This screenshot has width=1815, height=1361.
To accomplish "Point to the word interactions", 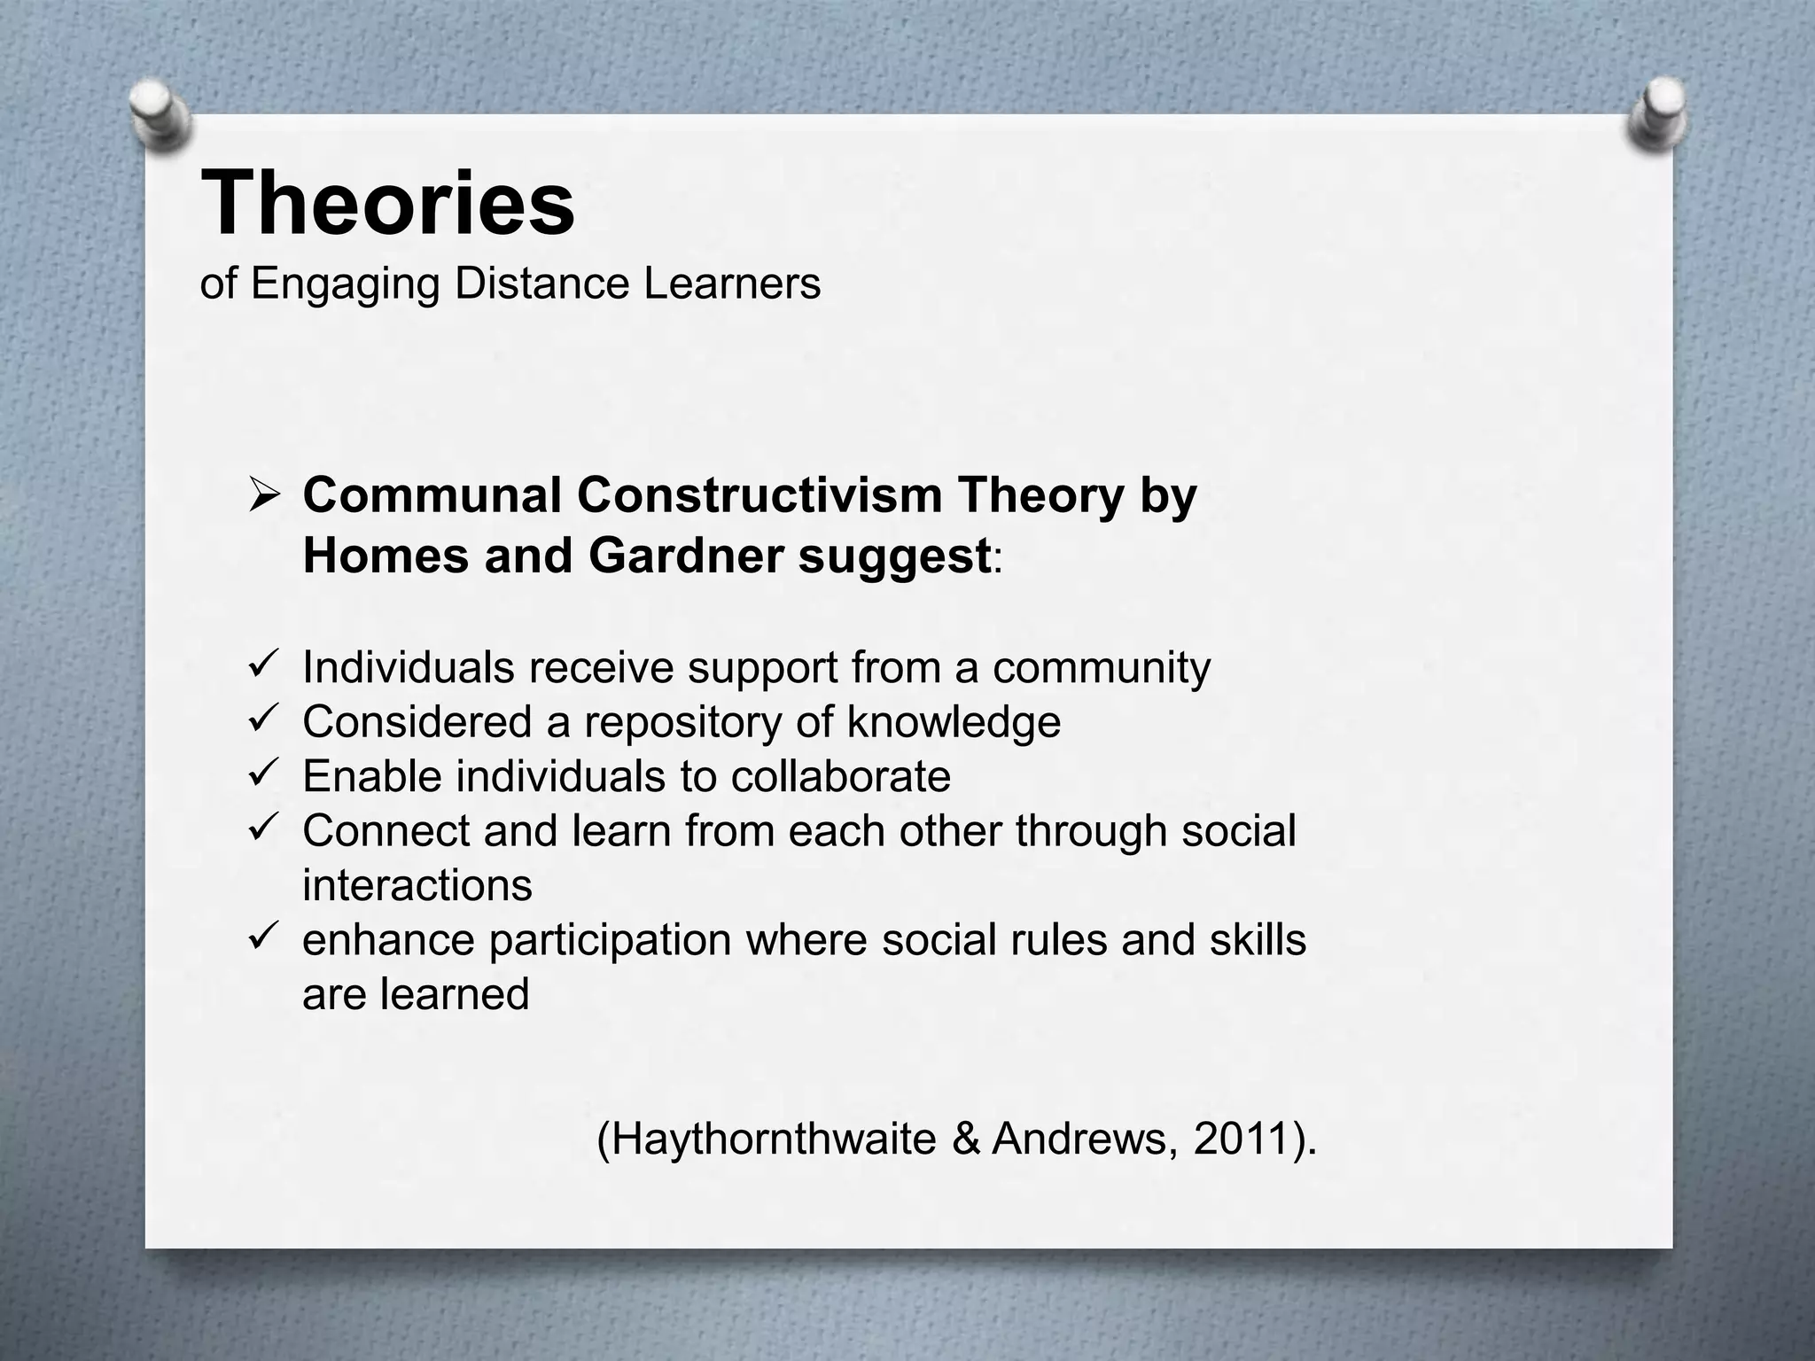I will pyautogui.click(x=417, y=885).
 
